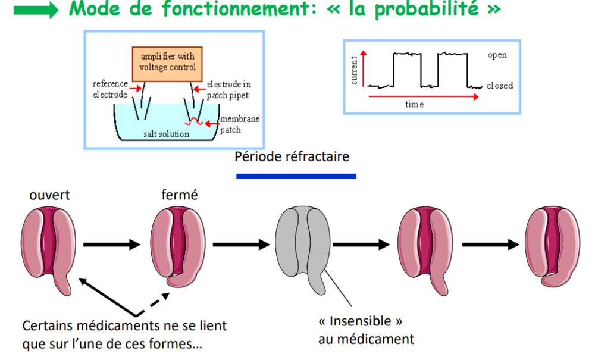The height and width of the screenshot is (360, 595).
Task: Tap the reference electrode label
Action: coord(110,89)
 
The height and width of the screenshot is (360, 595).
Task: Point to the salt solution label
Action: coord(167,134)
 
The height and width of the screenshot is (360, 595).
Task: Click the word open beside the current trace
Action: coord(497,55)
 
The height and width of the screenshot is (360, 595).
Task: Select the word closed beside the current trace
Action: coord(500,86)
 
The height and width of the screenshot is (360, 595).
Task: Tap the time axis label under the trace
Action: coord(415,105)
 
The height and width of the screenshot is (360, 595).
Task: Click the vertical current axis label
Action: coord(355,70)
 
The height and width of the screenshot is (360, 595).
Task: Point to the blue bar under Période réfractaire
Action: coord(296,176)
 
